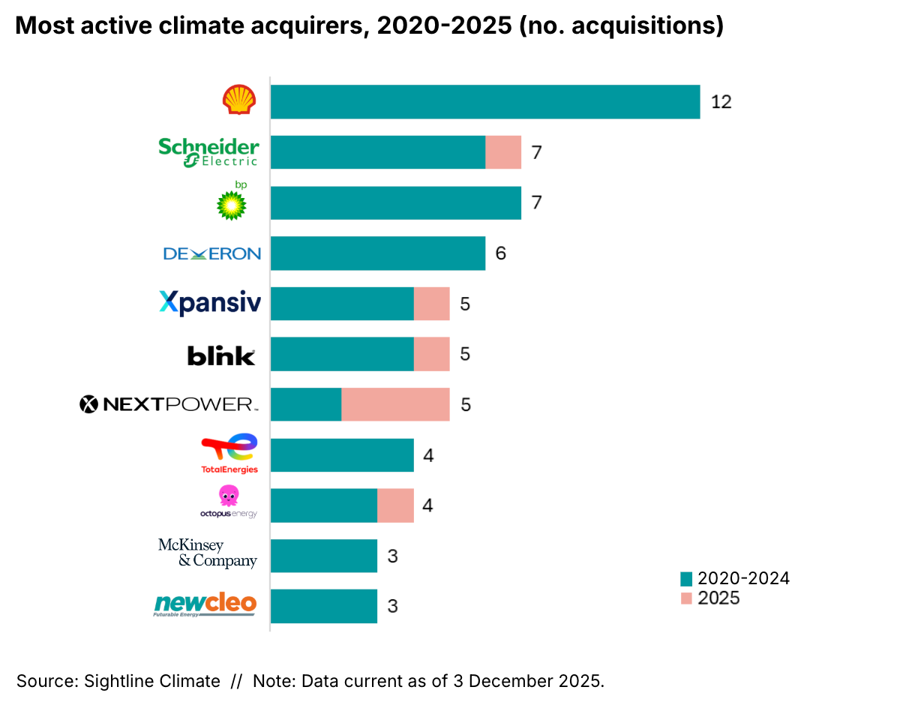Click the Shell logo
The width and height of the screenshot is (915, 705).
pos(239,100)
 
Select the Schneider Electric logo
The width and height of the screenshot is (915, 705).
pos(208,151)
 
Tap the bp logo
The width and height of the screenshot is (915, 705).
pos(232,202)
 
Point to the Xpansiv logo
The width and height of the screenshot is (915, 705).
pos(210,303)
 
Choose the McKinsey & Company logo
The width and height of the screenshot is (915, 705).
pos(207,553)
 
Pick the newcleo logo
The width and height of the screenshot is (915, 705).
pos(205,604)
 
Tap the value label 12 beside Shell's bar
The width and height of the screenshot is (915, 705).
pos(721,102)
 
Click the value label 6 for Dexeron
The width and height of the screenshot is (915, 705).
pos(500,253)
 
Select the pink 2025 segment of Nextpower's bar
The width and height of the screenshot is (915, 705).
pos(395,404)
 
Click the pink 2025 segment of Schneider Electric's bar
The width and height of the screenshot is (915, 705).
pos(503,152)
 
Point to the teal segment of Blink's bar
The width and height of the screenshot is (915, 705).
pos(342,354)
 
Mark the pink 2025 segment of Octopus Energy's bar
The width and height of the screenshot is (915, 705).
pos(395,505)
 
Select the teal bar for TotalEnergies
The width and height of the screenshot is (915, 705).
pos(342,455)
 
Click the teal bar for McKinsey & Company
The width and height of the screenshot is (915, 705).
pos(323,556)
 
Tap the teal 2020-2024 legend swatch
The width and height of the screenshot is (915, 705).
pos(685,579)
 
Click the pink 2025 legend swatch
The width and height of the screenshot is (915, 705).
pos(685,598)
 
